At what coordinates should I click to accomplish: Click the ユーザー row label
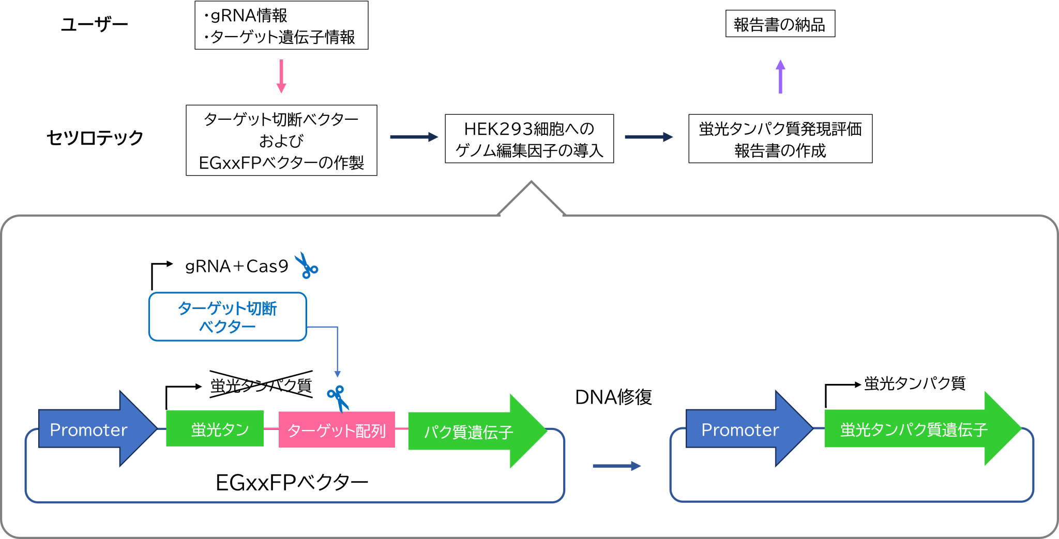[x=94, y=24]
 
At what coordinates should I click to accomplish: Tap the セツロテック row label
[x=95, y=137]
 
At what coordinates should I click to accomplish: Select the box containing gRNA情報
[x=281, y=25]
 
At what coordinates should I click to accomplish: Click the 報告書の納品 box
[x=780, y=24]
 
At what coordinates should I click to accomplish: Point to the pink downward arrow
[x=281, y=76]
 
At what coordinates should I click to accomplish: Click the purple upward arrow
[x=780, y=76]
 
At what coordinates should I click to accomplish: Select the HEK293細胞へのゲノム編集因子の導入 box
[x=529, y=138]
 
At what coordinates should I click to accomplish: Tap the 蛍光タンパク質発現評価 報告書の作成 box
[x=780, y=138]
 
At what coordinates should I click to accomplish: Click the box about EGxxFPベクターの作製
[x=281, y=141]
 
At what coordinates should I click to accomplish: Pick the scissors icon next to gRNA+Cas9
[x=307, y=266]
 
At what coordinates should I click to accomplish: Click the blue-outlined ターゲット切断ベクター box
[x=228, y=317]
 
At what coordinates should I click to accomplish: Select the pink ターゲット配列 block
[x=337, y=429]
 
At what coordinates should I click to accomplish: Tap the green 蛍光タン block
[x=215, y=428]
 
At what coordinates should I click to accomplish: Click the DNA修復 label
[x=614, y=397]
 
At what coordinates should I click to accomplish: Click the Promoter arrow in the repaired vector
[x=749, y=429]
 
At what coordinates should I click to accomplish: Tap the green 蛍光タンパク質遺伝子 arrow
[x=922, y=429]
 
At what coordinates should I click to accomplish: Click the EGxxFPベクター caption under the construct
[x=292, y=483]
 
